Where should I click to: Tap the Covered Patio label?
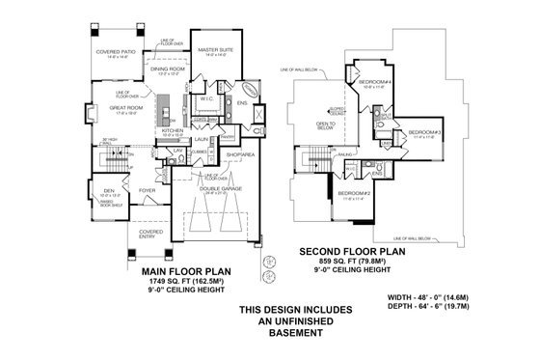tap(116, 52)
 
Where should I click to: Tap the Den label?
tap(108, 190)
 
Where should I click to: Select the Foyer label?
tap(148, 190)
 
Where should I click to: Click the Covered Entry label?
tap(149, 233)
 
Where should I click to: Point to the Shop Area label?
tap(240, 152)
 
